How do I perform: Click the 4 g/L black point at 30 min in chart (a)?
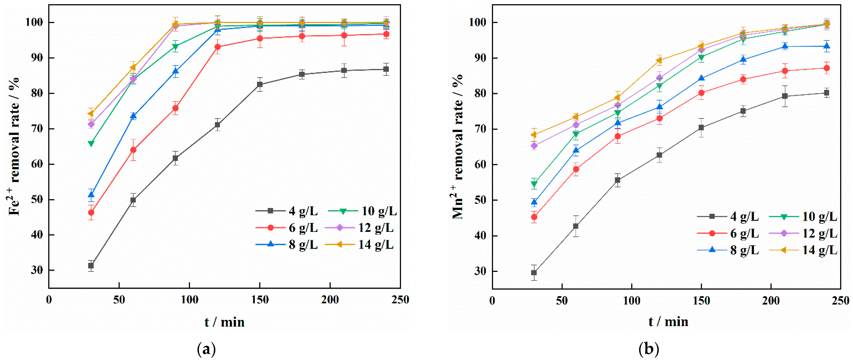coord(91,266)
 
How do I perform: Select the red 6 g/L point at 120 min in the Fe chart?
coord(218,47)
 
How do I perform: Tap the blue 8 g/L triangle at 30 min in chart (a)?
coord(91,195)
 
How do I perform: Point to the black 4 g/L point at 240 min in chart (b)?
coord(826,93)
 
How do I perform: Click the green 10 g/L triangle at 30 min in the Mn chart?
coord(534,184)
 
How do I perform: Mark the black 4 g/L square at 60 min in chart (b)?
coord(576,226)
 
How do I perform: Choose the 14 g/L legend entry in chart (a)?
coord(359,245)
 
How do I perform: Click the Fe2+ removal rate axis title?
coord(14,146)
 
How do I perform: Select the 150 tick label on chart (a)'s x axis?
coord(260,300)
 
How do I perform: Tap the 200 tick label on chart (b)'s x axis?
coord(771,301)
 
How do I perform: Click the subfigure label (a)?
coord(206,349)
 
